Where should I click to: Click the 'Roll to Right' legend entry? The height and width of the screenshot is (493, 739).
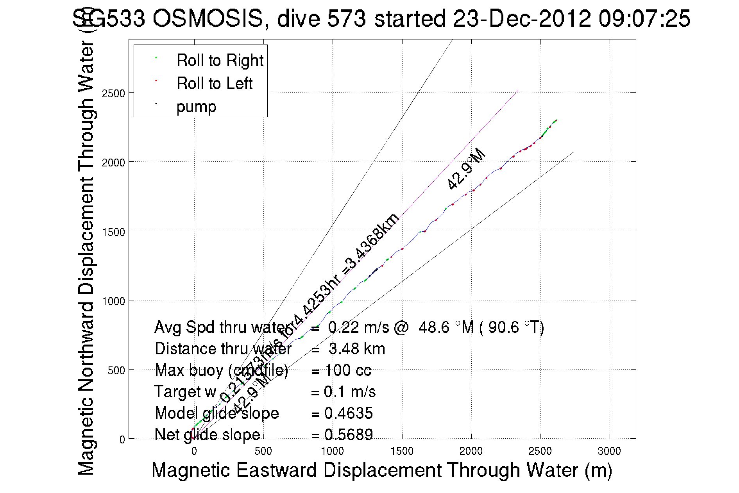(x=220, y=61)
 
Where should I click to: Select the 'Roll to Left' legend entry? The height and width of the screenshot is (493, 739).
(x=214, y=84)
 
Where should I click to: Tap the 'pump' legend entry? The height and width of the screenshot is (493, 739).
(x=196, y=107)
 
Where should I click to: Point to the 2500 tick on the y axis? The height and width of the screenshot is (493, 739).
(x=113, y=93)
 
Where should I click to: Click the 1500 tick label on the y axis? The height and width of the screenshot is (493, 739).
(x=113, y=232)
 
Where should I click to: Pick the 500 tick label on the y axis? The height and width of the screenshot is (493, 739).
(x=116, y=370)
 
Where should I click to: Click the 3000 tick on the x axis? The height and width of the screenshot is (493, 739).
(x=609, y=452)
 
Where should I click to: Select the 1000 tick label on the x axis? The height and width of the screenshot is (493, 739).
(x=332, y=452)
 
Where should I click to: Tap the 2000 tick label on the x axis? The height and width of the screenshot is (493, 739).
(x=471, y=452)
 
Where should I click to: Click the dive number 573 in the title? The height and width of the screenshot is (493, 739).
(x=346, y=18)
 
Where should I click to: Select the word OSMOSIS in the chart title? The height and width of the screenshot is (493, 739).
(x=208, y=18)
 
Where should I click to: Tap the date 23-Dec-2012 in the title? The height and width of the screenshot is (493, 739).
(x=522, y=18)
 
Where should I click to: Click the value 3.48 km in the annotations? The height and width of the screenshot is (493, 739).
(x=357, y=349)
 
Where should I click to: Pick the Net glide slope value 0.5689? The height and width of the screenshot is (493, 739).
(x=348, y=435)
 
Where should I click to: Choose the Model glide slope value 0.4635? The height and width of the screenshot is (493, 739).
(x=348, y=413)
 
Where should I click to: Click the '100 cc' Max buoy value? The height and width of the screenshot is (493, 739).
(x=348, y=370)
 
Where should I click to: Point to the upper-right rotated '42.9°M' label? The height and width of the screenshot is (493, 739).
(x=466, y=169)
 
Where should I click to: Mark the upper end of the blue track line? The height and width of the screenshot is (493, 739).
(x=556, y=120)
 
